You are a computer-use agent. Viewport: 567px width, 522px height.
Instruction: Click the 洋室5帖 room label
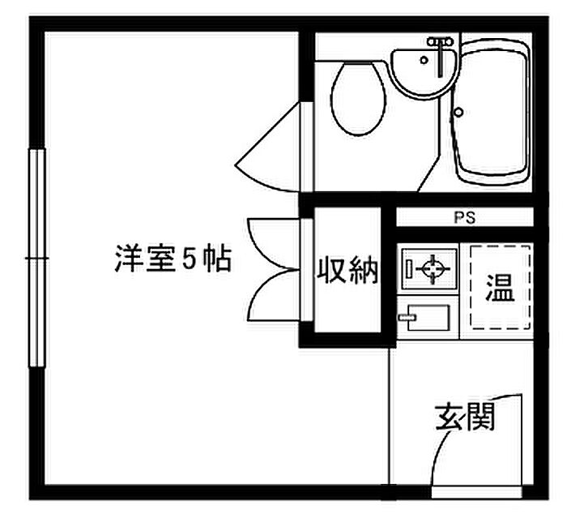pos(173,259)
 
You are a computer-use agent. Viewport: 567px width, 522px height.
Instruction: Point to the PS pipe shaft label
pos(465,218)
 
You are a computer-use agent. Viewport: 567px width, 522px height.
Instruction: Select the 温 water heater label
pos(500,288)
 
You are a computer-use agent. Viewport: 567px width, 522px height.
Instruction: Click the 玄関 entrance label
pos(465,417)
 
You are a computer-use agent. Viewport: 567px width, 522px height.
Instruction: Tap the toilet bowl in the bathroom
pos(358,99)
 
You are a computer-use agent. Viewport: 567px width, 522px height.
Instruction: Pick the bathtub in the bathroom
pos(492,112)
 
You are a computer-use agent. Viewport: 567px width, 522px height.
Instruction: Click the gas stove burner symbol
pos(433,269)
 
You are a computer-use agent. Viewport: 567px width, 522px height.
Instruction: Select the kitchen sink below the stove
pos(428,317)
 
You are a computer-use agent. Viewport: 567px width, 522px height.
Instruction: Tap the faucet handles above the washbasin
pos(440,42)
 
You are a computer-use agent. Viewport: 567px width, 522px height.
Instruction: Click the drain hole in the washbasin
pos(424,60)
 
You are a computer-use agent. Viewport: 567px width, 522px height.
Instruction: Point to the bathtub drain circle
pos(459,112)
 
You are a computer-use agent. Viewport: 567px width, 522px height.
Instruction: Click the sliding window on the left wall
pos(36,259)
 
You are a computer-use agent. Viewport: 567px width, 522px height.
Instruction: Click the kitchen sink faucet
pos(407,318)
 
